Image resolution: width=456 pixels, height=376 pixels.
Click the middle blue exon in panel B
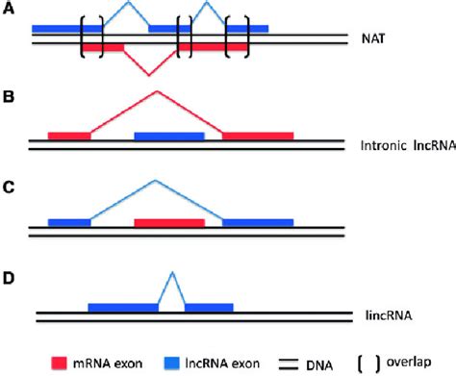tap(168, 137)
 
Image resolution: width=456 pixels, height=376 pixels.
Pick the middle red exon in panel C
tap(168, 222)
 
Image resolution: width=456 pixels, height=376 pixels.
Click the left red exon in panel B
tap(68, 137)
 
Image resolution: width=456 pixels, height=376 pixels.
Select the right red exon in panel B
tap(258, 137)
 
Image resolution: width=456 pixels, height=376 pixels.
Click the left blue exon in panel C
tap(68, 222)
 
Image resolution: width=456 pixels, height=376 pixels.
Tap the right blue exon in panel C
tap(258, 222)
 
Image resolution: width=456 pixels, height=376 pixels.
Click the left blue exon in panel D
tap(123, 308)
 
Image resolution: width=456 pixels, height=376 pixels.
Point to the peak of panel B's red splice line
tap(157, 92)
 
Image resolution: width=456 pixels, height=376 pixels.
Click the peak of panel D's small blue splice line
tap(171, 273)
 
